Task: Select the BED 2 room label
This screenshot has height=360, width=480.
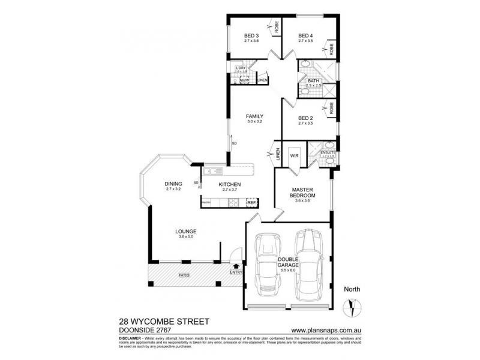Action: [305, 118]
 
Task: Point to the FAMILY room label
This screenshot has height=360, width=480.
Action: [255, 116]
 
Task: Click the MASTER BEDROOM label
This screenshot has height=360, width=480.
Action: [303, 192]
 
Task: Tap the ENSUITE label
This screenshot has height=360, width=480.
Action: [328, 153]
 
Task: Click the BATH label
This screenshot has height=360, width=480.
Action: [314, 81]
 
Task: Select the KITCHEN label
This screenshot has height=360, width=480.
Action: [230, 184]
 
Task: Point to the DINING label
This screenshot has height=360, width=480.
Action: [173, 184]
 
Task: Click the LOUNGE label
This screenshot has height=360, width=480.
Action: [186, 232]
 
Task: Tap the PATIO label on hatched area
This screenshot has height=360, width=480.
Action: [184, 275]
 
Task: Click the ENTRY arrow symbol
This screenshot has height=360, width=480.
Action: [236, 265]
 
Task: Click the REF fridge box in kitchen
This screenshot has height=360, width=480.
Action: [252, 203]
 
